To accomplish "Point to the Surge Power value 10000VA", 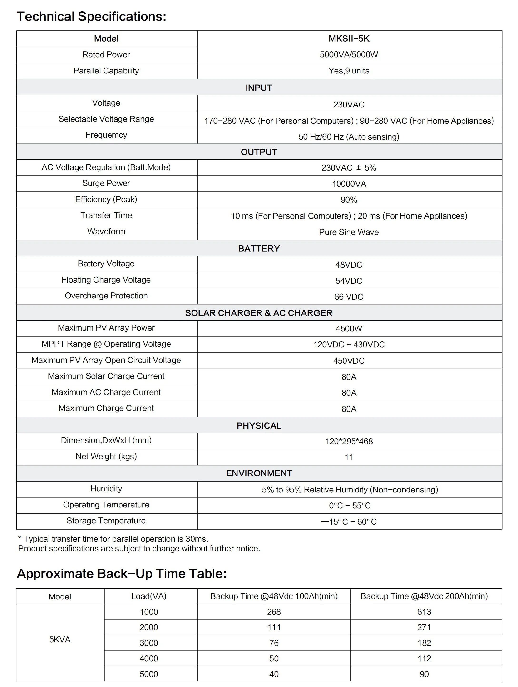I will point(349,184).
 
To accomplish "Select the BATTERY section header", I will point(259,248).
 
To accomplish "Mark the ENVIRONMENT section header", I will point(259,473).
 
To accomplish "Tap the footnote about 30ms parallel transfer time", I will point(113,539).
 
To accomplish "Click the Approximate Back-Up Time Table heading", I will point(122,574).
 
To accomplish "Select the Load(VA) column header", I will point(149,596).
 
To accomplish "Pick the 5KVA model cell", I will point(60,639).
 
